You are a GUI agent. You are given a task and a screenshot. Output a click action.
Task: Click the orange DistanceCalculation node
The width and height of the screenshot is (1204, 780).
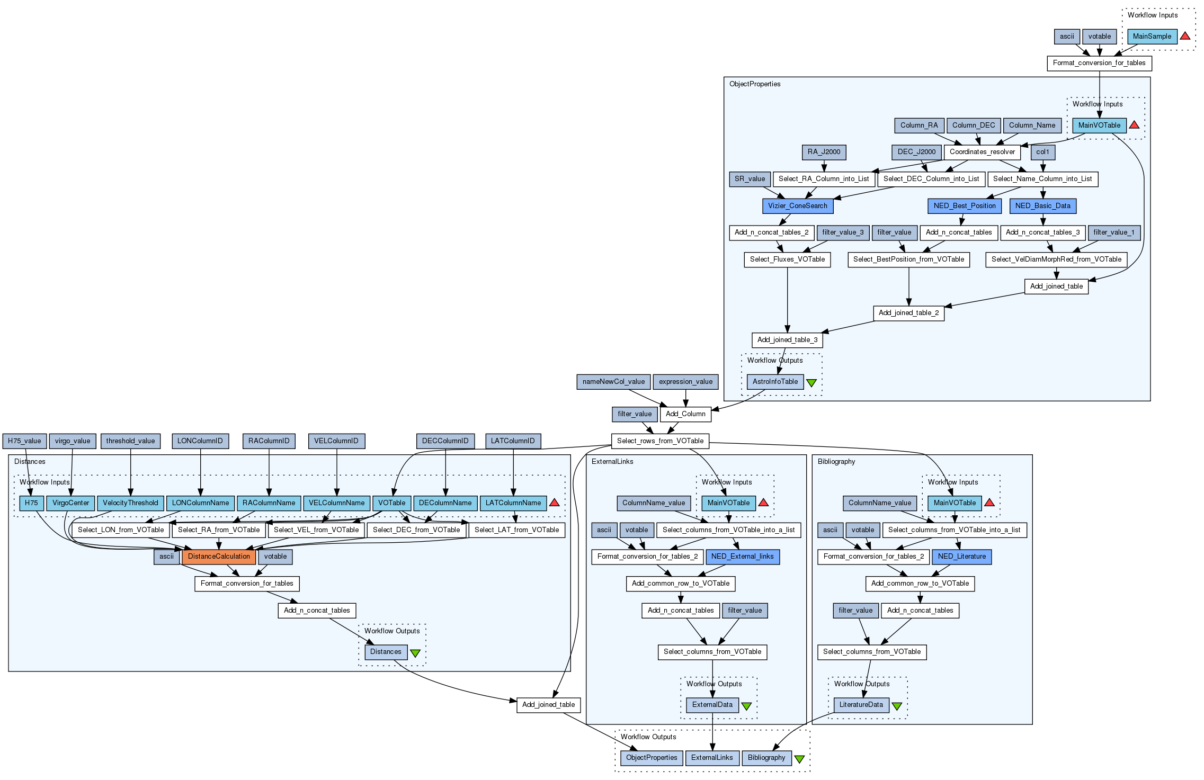point(219,557)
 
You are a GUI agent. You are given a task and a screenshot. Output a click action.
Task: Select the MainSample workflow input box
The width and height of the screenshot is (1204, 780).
point(1152,37)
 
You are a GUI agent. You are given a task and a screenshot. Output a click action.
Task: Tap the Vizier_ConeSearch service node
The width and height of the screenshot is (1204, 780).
point(797,206)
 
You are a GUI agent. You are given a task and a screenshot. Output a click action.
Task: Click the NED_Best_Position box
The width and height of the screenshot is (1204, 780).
point(964,206)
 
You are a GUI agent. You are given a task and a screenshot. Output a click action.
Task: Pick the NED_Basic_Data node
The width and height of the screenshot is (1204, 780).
point(1042,206)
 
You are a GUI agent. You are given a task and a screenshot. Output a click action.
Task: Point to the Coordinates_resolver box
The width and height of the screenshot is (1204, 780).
point(982,152)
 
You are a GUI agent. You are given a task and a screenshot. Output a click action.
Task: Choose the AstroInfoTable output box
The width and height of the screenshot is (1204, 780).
point(775,382)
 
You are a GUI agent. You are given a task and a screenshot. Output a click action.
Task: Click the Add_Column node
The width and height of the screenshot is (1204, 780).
point(685,414)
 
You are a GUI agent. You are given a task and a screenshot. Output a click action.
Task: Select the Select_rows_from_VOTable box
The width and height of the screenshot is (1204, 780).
point(660,441)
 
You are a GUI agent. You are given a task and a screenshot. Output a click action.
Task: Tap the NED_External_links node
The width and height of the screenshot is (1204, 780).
point(742,557)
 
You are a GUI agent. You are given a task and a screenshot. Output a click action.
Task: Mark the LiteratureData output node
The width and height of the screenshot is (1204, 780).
point(861,705)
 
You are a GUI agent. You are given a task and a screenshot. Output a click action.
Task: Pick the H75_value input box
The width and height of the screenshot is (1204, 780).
point(24,441)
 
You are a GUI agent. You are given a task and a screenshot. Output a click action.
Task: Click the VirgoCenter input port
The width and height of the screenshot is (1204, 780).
point(70,503)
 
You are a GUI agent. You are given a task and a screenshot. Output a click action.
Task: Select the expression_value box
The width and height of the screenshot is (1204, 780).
point(685,382)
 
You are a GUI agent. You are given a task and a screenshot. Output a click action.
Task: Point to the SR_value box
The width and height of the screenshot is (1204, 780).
point(750,179)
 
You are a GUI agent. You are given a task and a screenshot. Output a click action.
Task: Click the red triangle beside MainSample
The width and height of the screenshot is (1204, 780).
point(1185,36)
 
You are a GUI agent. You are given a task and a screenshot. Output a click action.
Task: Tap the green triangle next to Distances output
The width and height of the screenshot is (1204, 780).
point(415,653)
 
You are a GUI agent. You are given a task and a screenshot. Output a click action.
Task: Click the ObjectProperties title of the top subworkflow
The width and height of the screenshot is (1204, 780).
point(755,84)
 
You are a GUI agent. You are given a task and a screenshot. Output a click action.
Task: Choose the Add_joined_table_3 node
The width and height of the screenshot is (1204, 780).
point(787,340)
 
